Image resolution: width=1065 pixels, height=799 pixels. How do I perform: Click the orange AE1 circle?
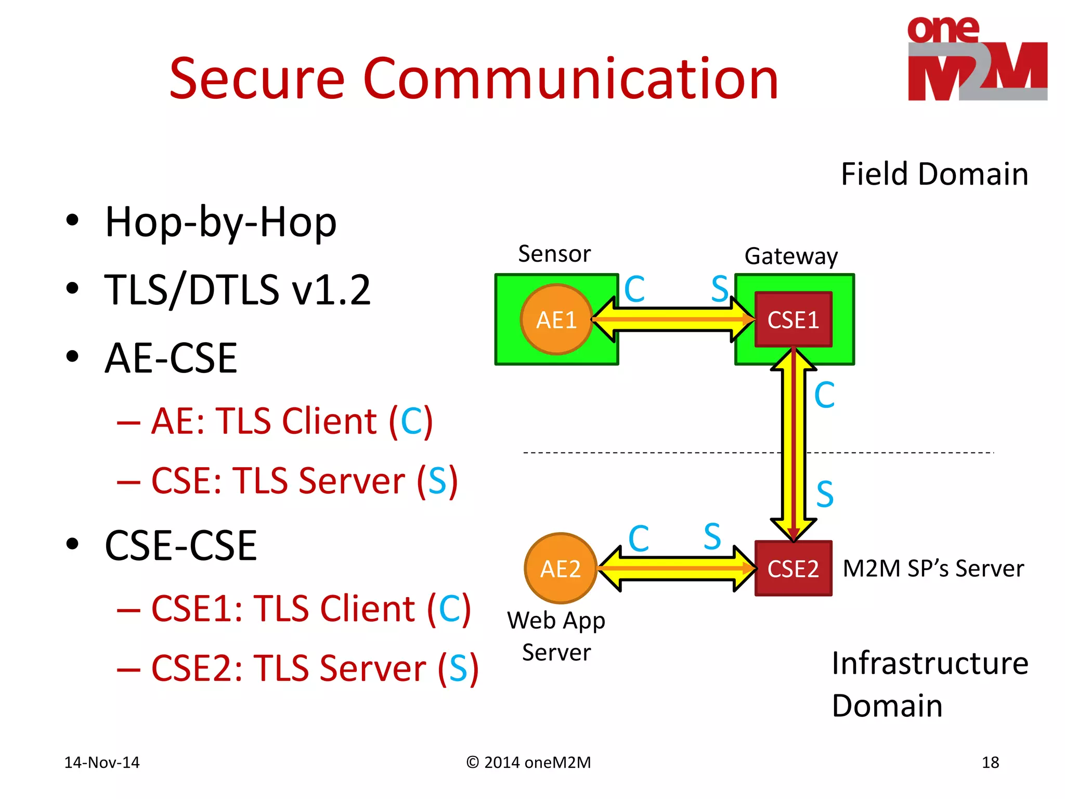click(x=556, y=319)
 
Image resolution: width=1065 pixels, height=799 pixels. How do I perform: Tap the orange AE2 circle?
click(x=560, y=568)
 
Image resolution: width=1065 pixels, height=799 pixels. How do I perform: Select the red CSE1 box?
click(x=793, y=319)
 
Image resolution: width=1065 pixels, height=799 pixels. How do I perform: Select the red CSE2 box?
click(x=793, y=568)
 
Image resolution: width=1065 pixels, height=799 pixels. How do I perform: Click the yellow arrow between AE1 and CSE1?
click(x=673, y=319)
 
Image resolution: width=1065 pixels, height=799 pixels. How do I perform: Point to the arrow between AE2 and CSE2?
click(x=676, y=568)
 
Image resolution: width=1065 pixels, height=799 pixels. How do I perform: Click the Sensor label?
click(x=554, y=254)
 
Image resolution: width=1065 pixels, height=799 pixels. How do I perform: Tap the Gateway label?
click(x=791, y=256)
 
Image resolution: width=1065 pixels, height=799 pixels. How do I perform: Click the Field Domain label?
click(x=934, y=174)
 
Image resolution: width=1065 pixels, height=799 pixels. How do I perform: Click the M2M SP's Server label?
click(x=933, y=568)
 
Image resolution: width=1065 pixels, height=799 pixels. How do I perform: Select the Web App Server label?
click(x=556, y=636)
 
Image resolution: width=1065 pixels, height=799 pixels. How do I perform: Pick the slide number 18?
click(x=990, y=763)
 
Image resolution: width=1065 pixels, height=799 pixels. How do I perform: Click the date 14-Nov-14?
click(x=102, y=763)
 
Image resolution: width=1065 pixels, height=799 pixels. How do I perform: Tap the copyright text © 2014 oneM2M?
click(x=528, y=763)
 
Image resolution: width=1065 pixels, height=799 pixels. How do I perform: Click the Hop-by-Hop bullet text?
click(x=220, y=222)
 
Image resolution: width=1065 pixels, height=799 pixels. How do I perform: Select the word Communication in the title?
click(x=570, y=79)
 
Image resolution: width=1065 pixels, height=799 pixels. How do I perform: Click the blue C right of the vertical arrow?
click(x=824, y=395)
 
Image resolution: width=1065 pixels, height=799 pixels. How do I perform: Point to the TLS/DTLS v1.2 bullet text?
click(x=237, y=290)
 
